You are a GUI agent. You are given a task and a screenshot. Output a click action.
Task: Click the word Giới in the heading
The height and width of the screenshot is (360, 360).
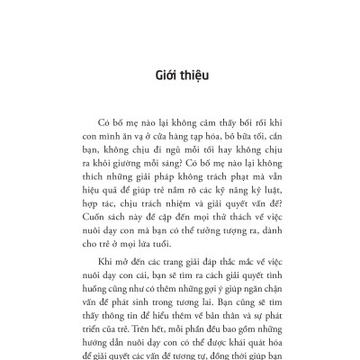[x=164, y=76]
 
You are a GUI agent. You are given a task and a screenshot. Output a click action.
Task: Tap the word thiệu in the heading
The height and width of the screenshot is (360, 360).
[x=194, y=76]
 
